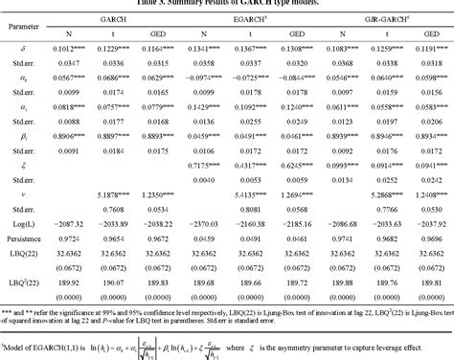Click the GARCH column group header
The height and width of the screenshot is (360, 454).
pos(122,18)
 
